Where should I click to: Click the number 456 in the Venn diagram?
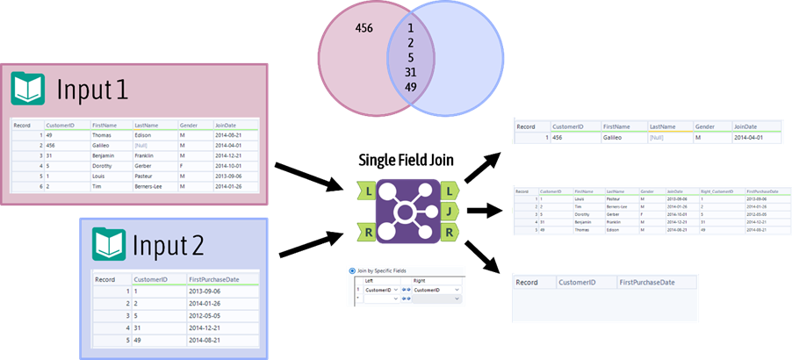pos(364,28)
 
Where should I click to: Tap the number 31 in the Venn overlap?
pos(411,72)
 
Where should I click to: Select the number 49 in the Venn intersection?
pos(411,87)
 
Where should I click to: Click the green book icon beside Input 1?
pos(27,90)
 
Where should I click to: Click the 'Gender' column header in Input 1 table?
pos(190,125)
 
